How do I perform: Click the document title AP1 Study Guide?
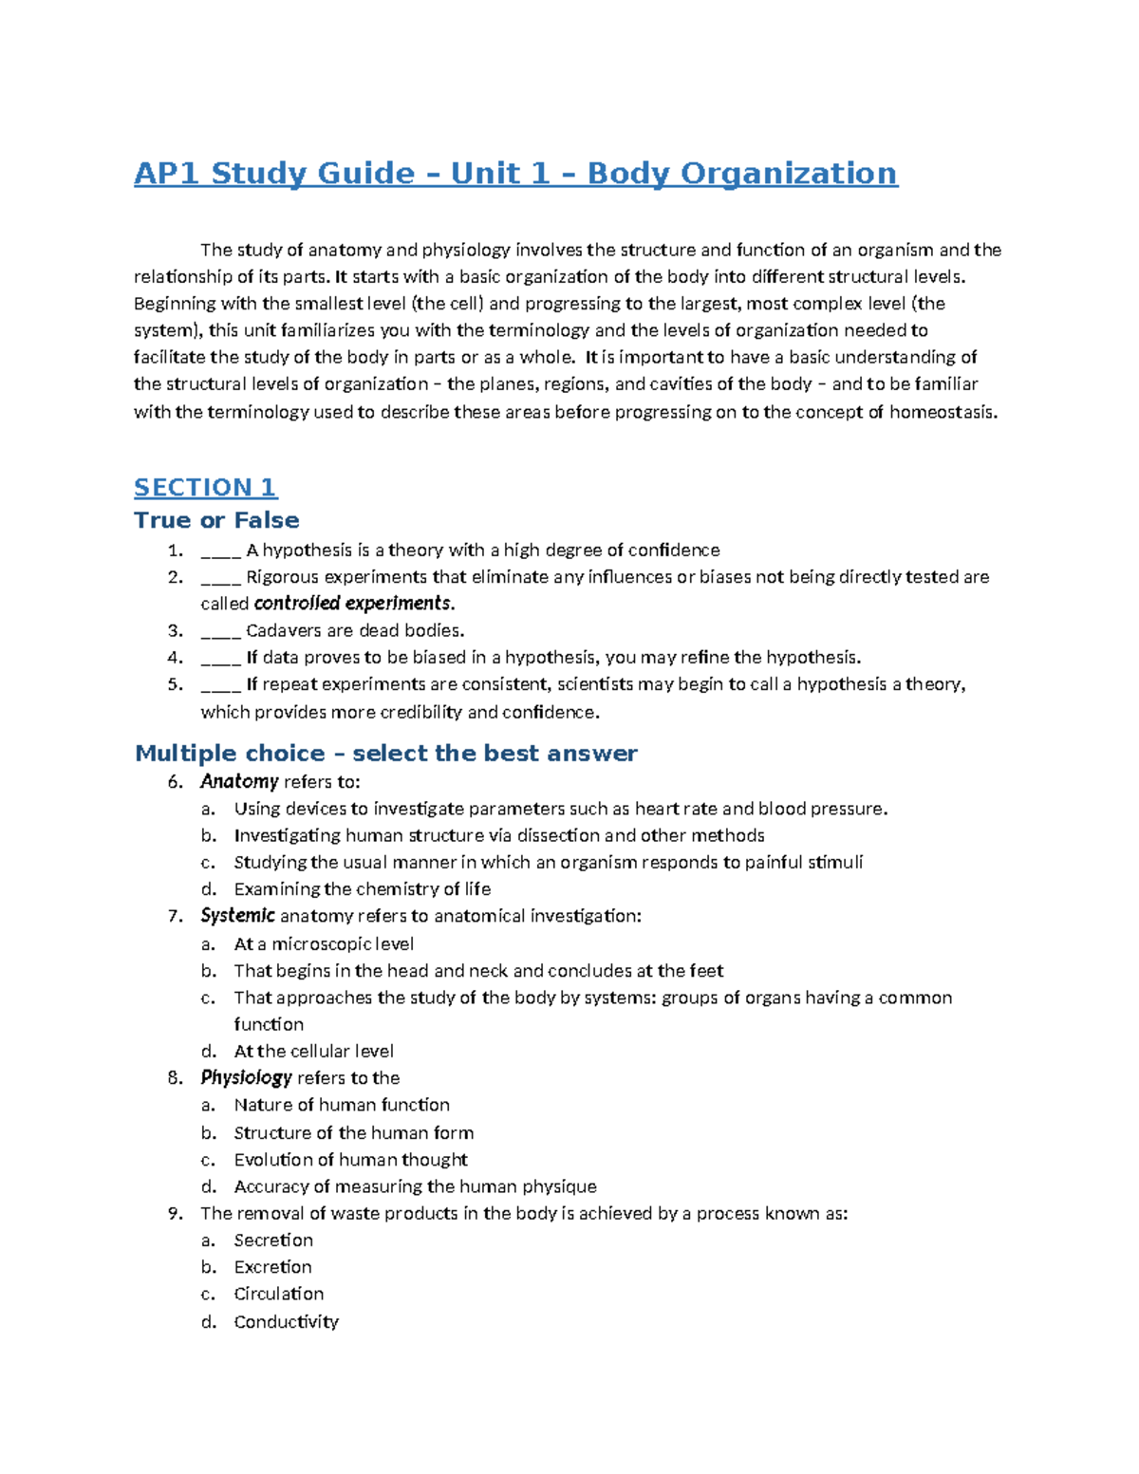tap(515, 174)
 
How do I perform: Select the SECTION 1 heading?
tap(205, 488)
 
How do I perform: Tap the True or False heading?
tap(216, 520)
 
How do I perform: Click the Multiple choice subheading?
tap(385, 754)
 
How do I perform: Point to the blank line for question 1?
tap(220, 551)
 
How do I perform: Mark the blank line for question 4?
tap(220, 659)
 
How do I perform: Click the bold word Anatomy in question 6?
tap(239, 782)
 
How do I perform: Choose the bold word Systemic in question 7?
tap(237, 916)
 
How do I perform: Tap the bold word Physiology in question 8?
tap(246, 1078)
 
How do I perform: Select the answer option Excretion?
tap(272, 1267)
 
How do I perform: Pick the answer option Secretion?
tap(273, 1241)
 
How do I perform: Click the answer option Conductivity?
tap(286, 1322)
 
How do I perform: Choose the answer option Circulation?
tap(279, 1295)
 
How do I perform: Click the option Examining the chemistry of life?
tap(362, 889)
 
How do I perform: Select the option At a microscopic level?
tap(324, 944)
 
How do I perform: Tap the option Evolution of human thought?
tap(350, 1160)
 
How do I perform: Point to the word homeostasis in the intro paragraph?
tap(943, 413)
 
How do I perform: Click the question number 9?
tap(174, 1214)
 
